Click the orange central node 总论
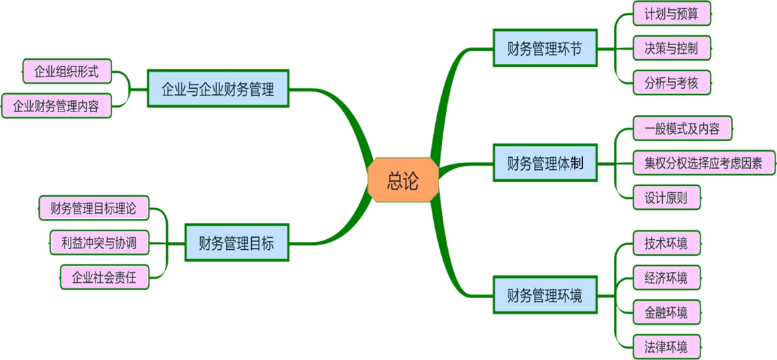tap(403, 181)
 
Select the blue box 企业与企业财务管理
tap(218, 89)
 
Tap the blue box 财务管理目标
tap(236, 242)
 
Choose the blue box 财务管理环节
tap(545, 48)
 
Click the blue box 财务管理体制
tap(545, 163)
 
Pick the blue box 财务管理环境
tap(545, 294)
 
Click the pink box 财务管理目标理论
tap(93, 208)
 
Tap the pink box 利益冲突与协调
tap(99, 242)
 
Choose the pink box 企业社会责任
tap(104, 277)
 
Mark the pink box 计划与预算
tap(672, 13)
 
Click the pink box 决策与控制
tap(672, 48)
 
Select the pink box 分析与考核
tap(672, 83)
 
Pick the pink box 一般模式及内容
tap(682, 128)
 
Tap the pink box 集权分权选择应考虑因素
tap(704, 163)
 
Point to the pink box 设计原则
tap(666, 197)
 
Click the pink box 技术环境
tap(666, 242)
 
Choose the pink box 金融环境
tap(666, 312)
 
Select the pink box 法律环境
tap(666, 347)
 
